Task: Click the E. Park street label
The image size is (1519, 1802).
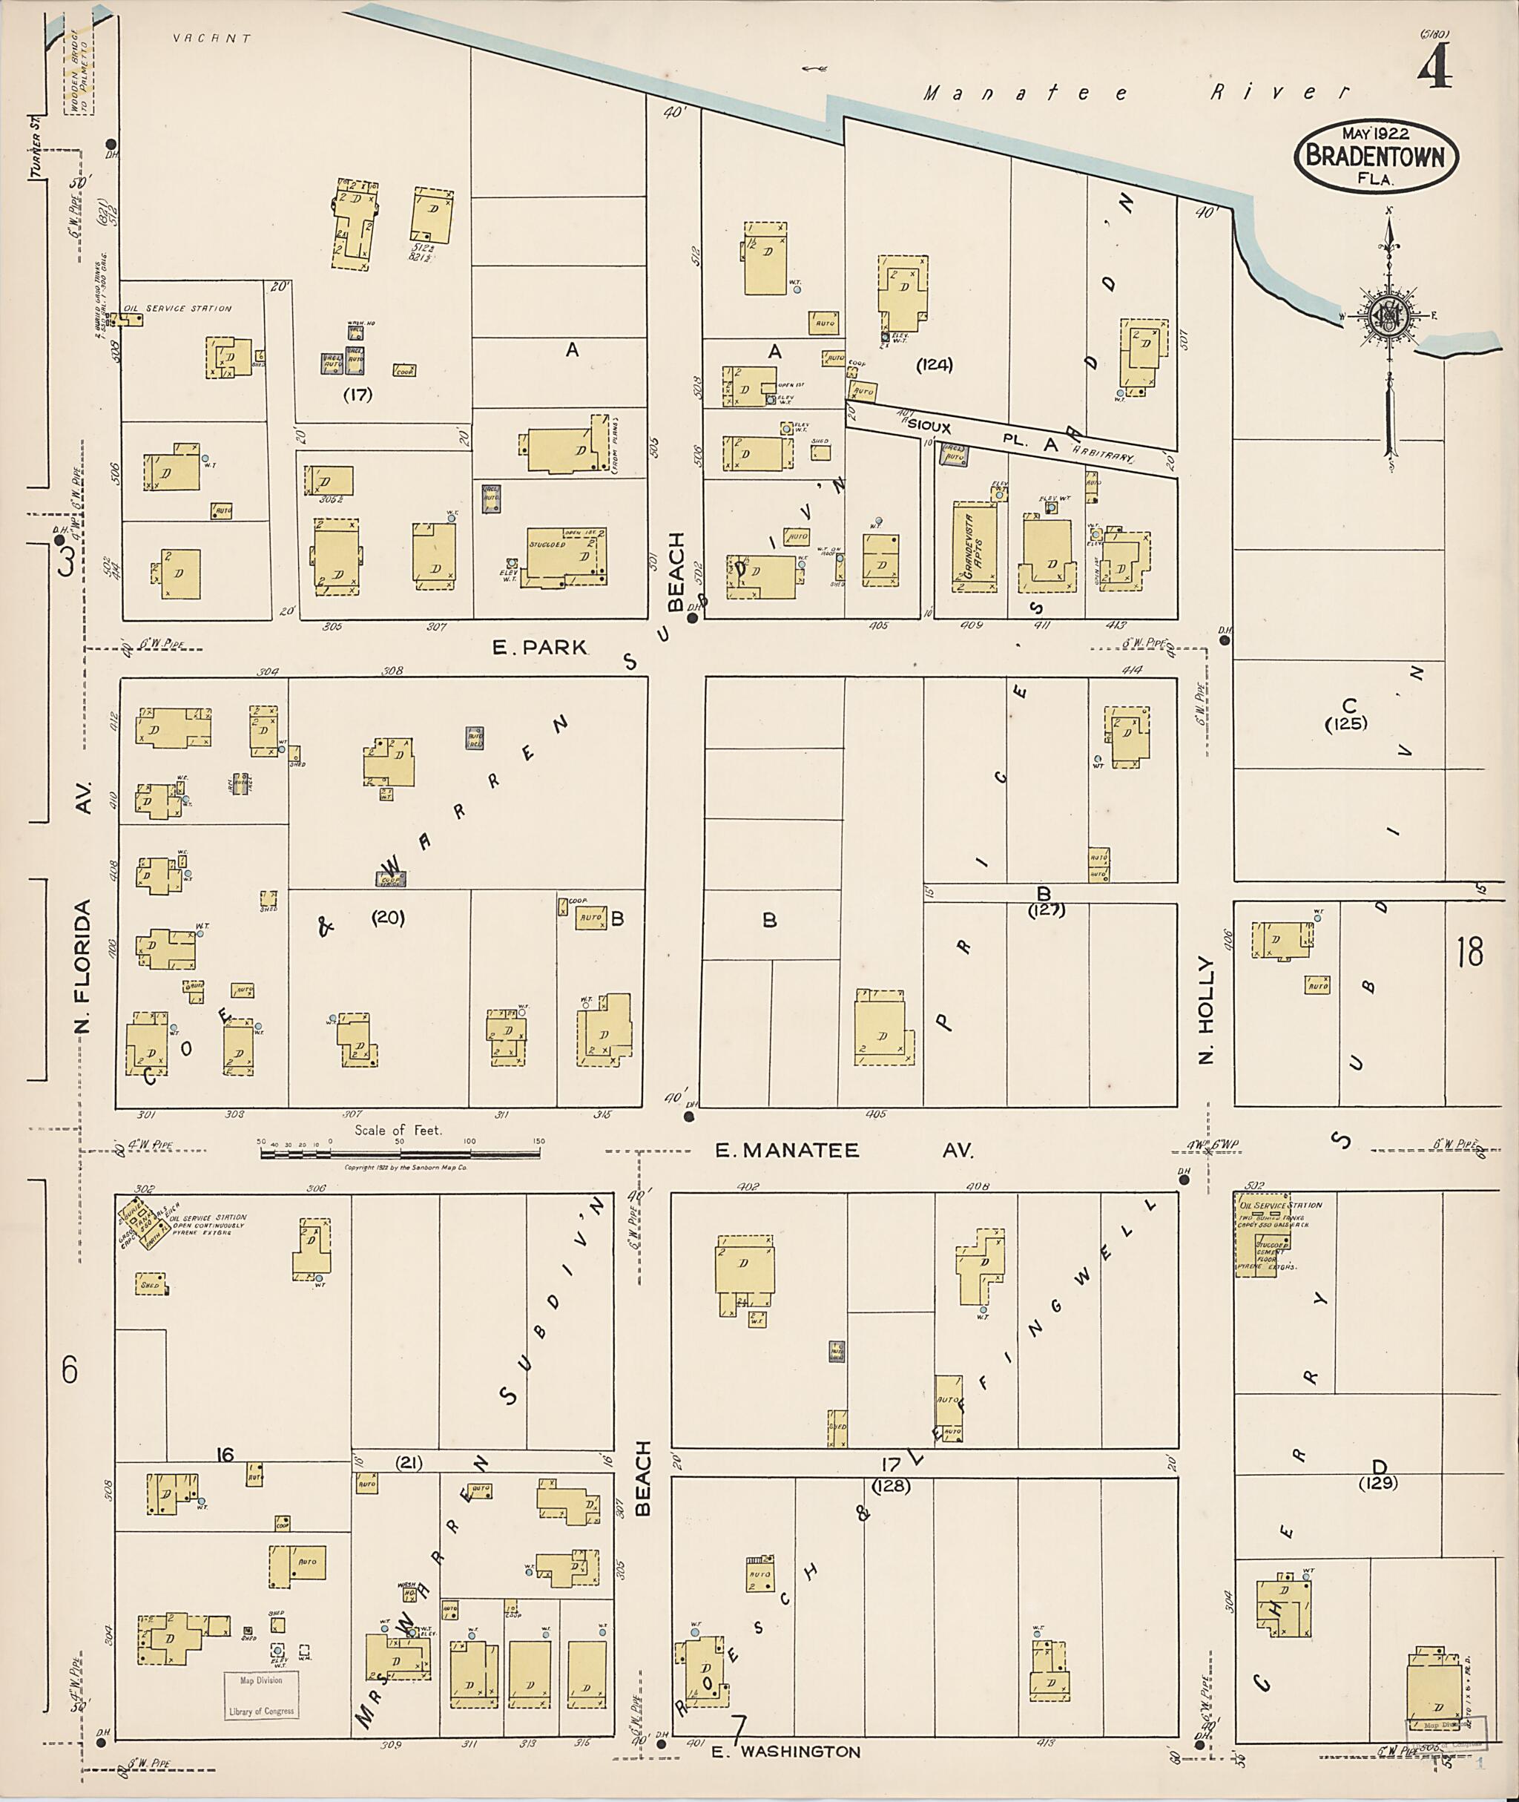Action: click(x=539, y=647)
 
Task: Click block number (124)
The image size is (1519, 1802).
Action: click(x=935, y=364)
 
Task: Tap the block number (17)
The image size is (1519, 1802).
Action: click(x=357, y=395)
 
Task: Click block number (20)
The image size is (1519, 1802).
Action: click(x=387, y=918)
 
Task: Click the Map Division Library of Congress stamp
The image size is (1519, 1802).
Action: click(x=262, y=1695)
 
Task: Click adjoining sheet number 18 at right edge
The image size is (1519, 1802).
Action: click(x=1471, y=953)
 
